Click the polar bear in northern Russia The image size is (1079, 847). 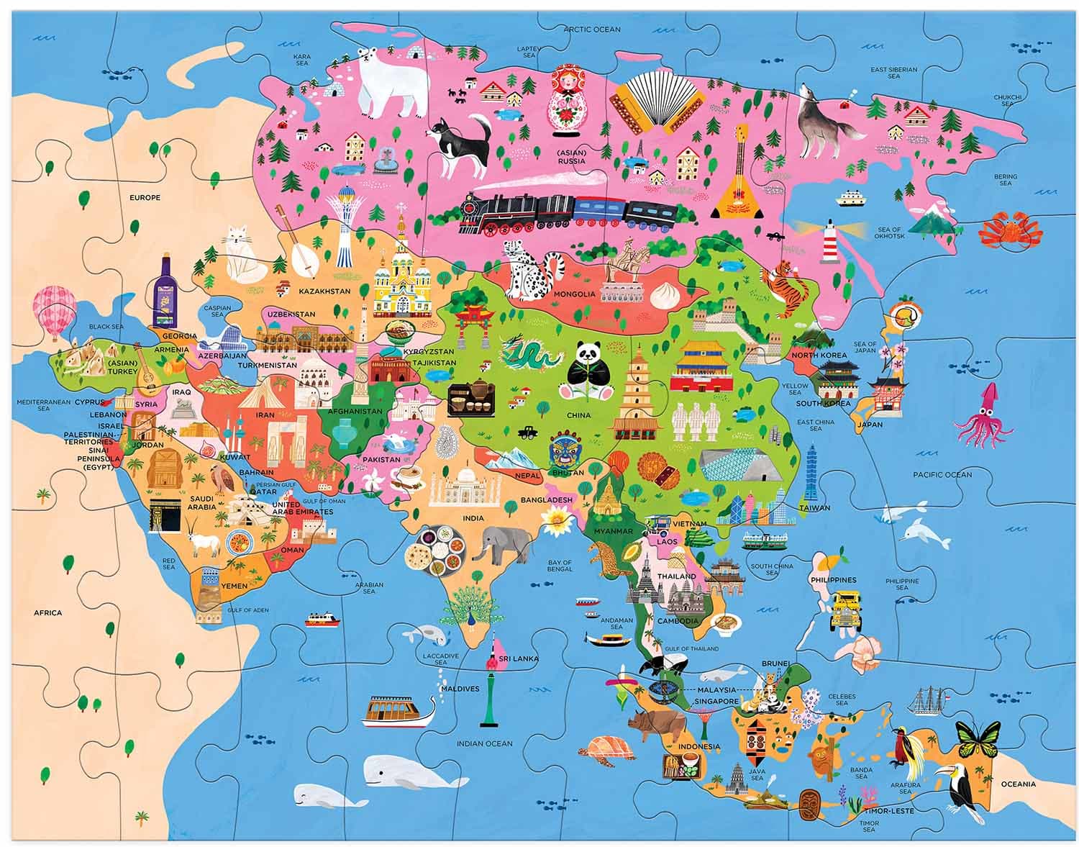(388, 83)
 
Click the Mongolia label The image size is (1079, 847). (573, 294)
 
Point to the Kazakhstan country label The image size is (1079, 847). (323, 291)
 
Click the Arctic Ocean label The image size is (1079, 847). (591, 30)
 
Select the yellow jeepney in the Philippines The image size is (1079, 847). (847, 608)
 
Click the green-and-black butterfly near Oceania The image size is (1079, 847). (978, 740)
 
